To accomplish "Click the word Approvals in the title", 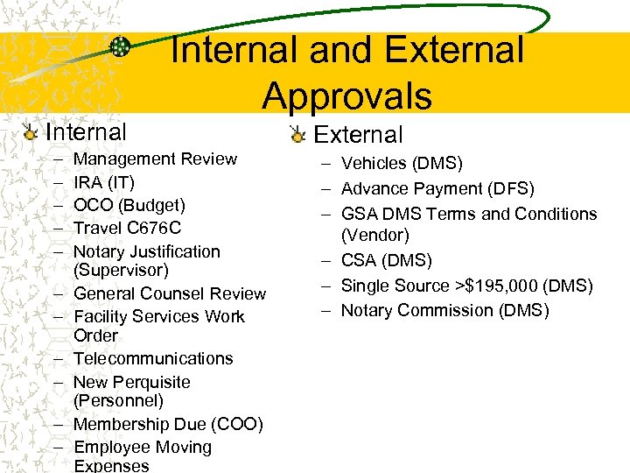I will (346, 95).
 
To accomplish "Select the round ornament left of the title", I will (122, 47).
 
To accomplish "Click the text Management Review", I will (155, 159).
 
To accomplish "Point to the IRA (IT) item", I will (104, 182).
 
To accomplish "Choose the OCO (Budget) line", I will (129, 205).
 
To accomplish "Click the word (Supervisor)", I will (121, 270).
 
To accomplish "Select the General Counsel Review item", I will (170, 293).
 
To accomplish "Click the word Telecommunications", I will (153, 358).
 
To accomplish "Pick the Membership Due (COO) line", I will (168, 424).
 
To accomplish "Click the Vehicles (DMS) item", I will (402, 163).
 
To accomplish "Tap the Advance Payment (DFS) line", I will (437, 188).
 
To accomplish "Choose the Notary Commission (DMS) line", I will (444, 310).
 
